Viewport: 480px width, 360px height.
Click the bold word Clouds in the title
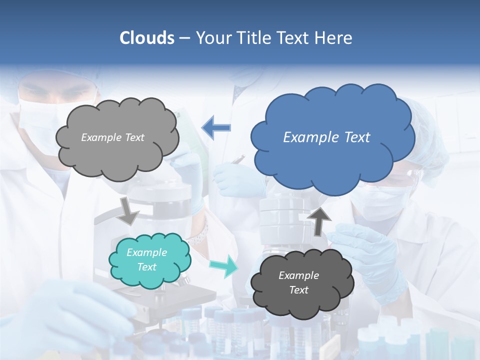pyautogui.click(x=147, y=38)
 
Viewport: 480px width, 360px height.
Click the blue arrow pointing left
pyautogui.click(x=216, y=127)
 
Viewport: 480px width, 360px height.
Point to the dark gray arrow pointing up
pyautogui.click(x=318, y=220)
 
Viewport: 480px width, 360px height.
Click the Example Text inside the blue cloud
pyautogui.click(x=326, y=137)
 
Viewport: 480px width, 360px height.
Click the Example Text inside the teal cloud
pyautogui.click(x=147, y=260)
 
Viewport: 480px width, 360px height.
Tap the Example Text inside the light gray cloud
pyautogui.click(x=112, y=137)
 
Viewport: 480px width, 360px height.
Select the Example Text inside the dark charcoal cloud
pyautogui.click(x=299, y=282)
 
